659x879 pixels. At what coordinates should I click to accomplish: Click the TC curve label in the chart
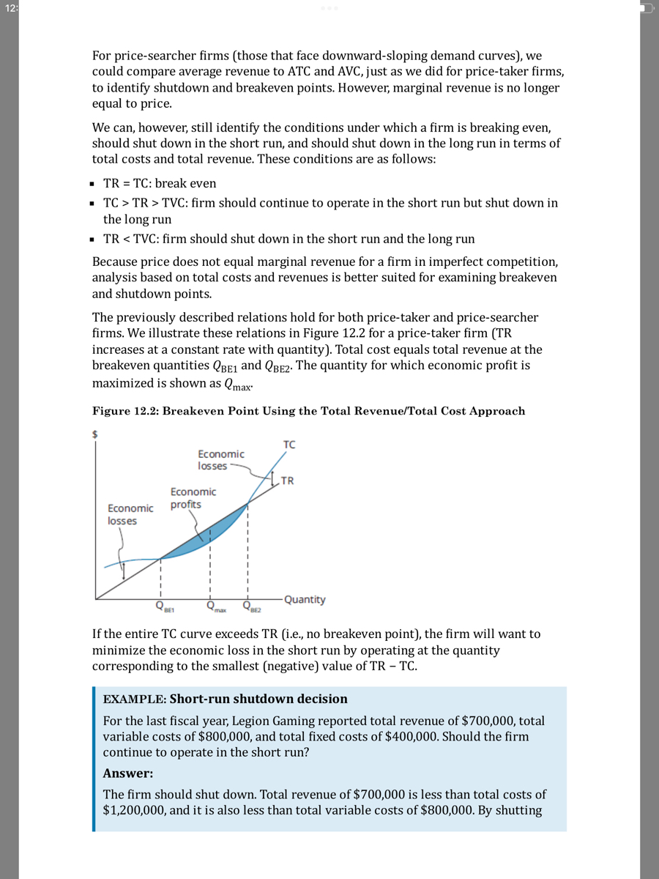(289, 445)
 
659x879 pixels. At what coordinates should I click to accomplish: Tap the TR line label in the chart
(288, 481)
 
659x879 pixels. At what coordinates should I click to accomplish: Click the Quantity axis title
(305, 599)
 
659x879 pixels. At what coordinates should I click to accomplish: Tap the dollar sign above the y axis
(94, 433)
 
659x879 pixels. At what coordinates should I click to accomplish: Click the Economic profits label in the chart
(193, 498)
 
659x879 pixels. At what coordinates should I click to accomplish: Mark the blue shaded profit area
(220, 531)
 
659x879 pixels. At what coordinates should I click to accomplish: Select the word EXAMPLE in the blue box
(134, 699)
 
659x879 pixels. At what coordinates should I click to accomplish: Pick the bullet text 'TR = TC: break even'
(159, 183)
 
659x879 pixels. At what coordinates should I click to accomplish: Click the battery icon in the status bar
(645, 8)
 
